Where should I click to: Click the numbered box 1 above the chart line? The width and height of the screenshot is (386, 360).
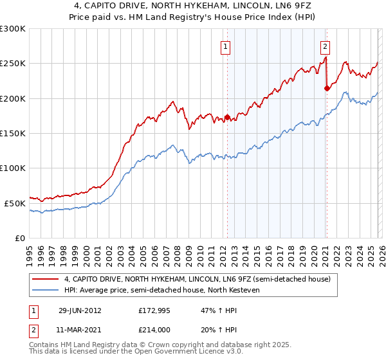[226, 46]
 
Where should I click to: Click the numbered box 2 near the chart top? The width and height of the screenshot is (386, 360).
[326, 46]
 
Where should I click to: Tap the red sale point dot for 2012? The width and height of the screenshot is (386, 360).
[227, 118]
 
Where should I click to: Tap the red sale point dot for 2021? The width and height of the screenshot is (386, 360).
[327, 89]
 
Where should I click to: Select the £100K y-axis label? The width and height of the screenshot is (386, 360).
[13, 168]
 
